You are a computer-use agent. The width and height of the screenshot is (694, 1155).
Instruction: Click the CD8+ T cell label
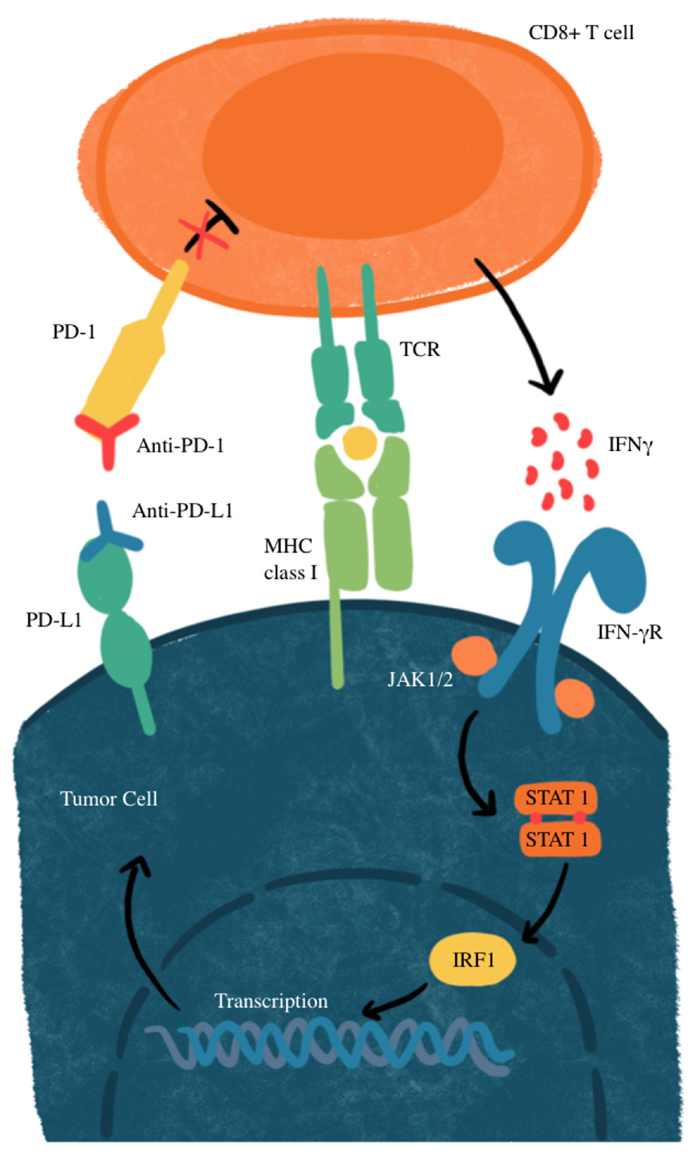click(581, 33)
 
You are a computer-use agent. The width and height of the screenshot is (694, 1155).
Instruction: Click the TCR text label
click(419, 349)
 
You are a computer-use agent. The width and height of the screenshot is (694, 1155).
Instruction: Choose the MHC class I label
click(289, 559)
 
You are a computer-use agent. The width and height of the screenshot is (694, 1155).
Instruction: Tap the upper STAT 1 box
click(556, 797)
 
